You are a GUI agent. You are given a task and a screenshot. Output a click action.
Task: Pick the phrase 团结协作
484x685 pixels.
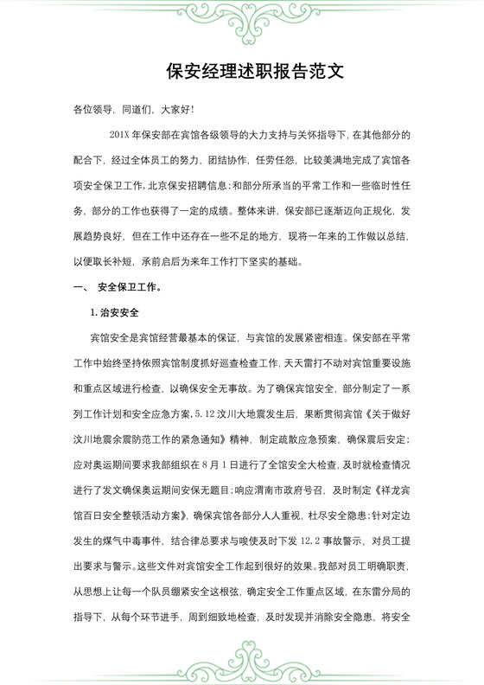click(x=219, y=161)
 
